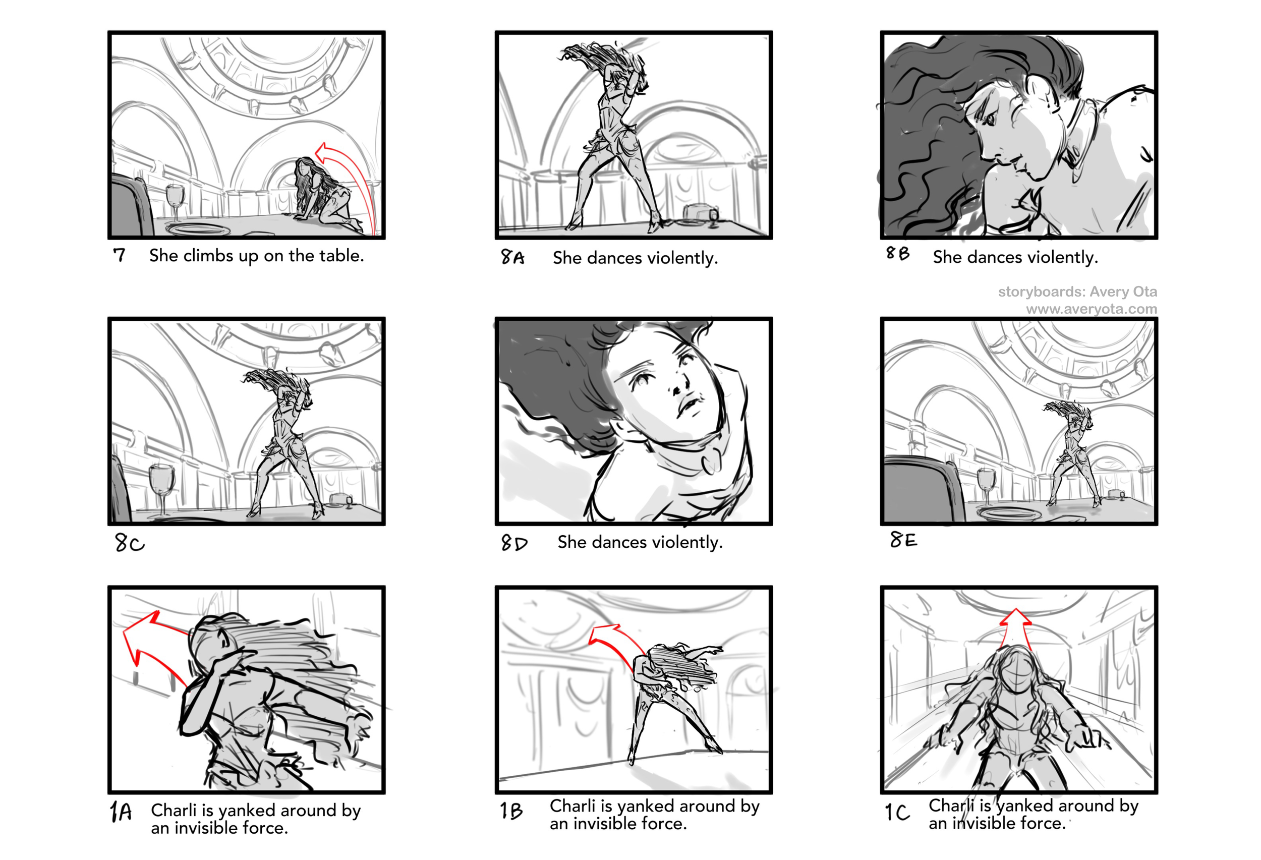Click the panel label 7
pos(120,255)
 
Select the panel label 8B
pos(898,253)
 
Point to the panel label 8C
pos(130,543)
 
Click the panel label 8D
pos(514,543)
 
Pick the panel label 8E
pos(903,539)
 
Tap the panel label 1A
pos(121,812)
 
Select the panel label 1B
pos(511,811)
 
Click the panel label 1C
pos(897,812)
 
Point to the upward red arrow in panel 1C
pos(1015,629)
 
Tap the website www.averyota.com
pos(1091,309)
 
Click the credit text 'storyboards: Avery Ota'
pos(1077,292)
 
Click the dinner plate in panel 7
pos(199,228)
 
